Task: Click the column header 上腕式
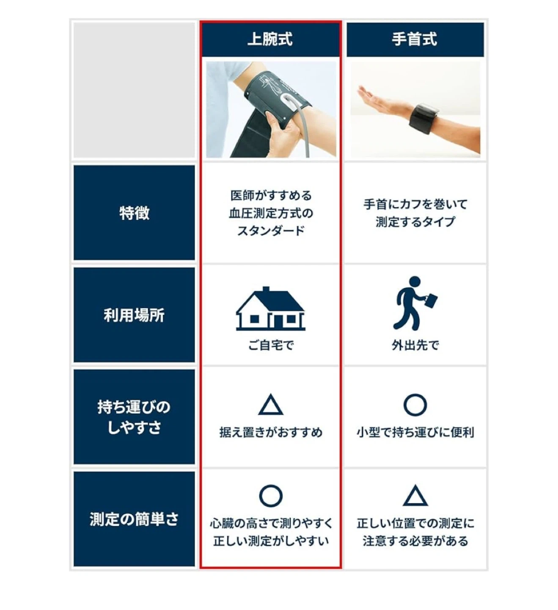[x=270, y=39]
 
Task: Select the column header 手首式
[x=415, y=39]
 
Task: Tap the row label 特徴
[x=134, y=213]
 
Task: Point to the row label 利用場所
[x=134, y=315]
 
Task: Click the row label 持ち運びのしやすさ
[x=134, y=417]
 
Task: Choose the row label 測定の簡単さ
[x=134, y=519]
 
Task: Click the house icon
[x=270, y=309]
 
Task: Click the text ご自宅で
[x=271, y=345]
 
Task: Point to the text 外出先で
[x=415, y=345]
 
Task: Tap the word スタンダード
[x=271, y=231]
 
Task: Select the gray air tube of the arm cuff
[x=304, y=128]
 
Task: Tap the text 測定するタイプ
[x=415, y=222]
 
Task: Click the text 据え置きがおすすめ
[x=271, y=432]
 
